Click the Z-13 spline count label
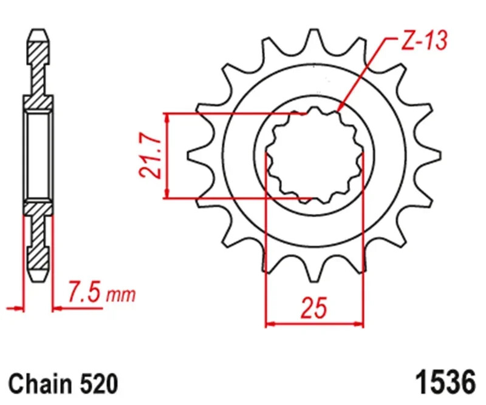pos(423,41)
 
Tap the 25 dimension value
pos(313,309)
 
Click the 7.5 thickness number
pos(85,295)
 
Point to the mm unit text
pos(121,296)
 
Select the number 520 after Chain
pos(97,384)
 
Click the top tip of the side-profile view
pos(38,31)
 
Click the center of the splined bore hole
pos(315,156)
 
